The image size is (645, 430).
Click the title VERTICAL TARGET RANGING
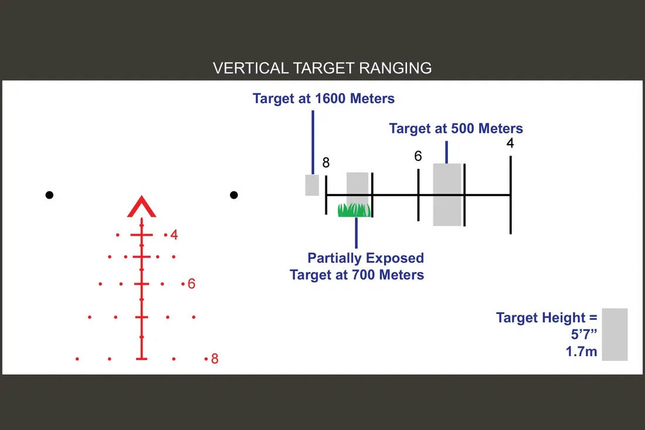point(322,68)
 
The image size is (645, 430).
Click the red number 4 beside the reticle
point(174,235)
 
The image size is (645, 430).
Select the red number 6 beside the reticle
point(191,284)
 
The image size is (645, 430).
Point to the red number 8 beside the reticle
point(214,359)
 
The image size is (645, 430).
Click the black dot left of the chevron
point(49,195)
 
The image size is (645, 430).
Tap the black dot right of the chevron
point(234,195)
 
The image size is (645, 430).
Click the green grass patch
point(354,210)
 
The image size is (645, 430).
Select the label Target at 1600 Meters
point(323,98)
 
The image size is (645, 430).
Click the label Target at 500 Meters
point(456,128)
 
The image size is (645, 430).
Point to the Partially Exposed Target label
point(357,266)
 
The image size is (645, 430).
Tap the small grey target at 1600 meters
point(312,185)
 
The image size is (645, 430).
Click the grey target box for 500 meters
point(447,195)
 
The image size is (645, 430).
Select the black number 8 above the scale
point(326,163)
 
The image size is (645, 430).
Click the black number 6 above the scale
point(418,156)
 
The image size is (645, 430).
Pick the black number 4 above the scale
point(510,143)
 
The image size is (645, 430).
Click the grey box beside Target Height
point(615,335)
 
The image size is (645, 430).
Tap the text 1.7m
point(581,351)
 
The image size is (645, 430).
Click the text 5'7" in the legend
point(583,334)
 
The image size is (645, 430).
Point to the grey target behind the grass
point(357,189)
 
